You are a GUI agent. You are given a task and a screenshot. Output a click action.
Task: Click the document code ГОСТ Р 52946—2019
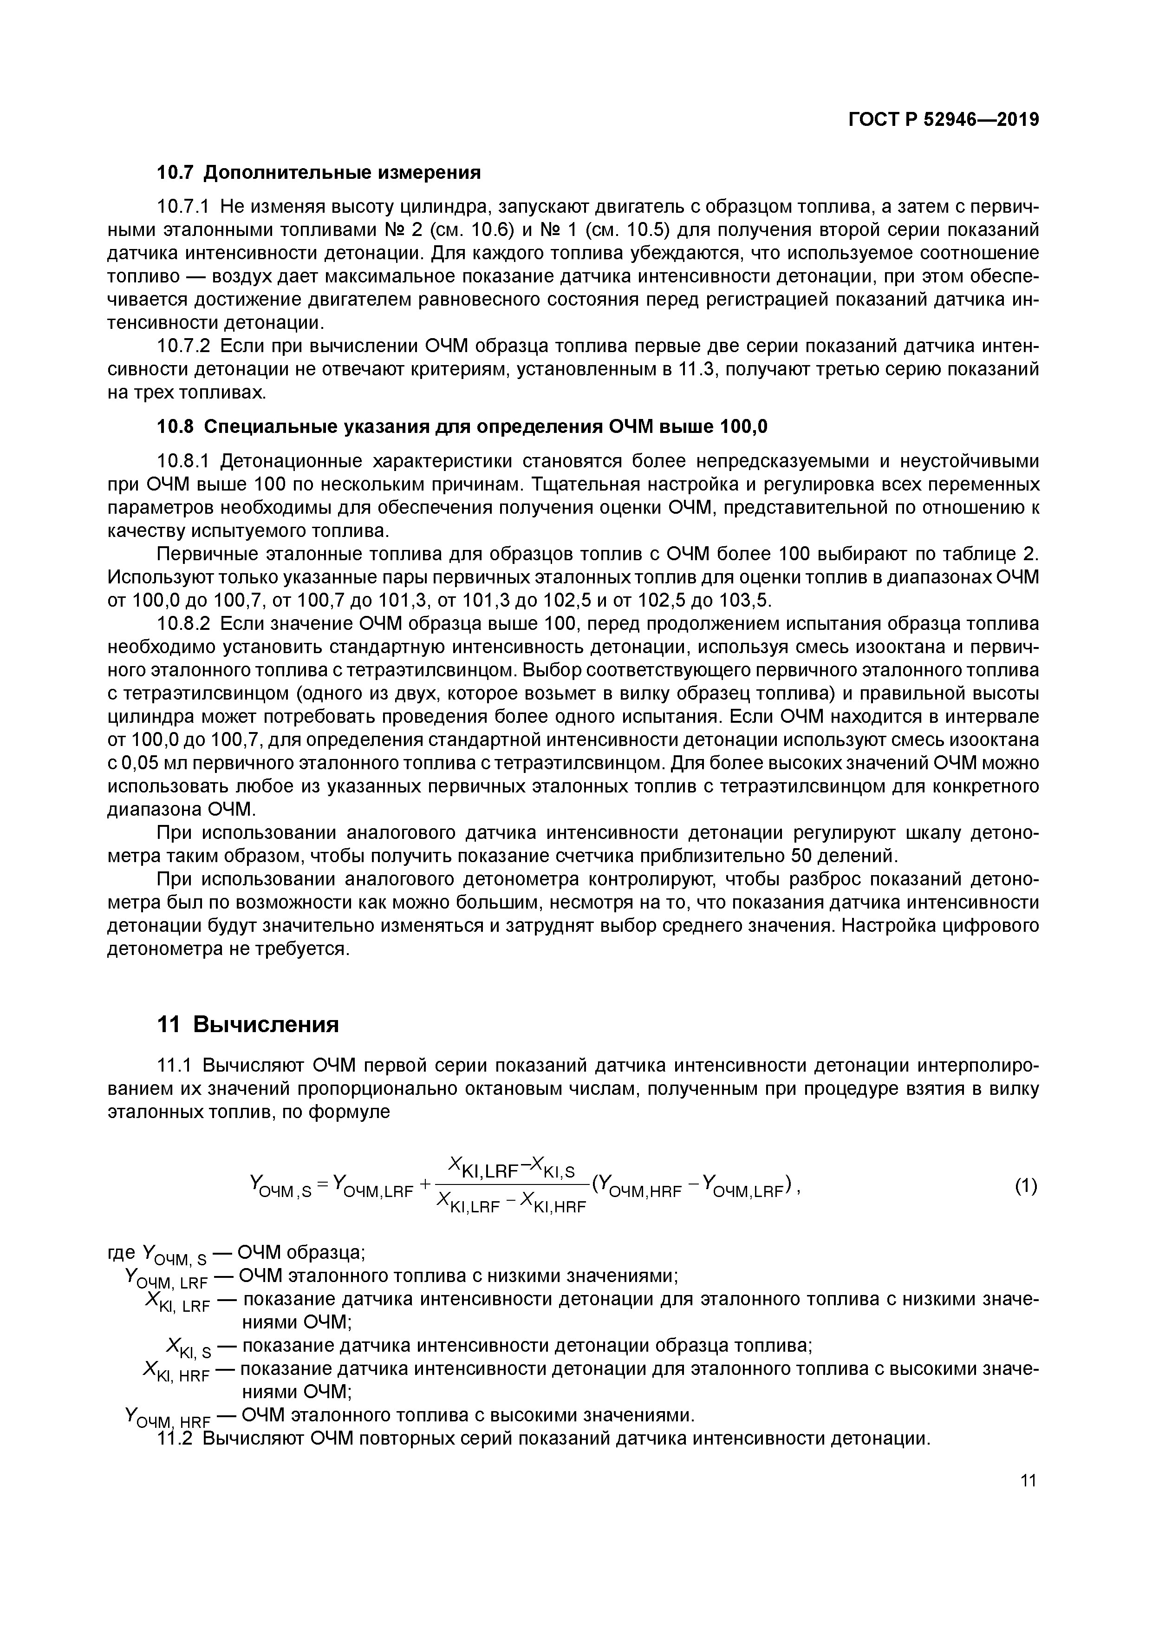click(x=944, y=120)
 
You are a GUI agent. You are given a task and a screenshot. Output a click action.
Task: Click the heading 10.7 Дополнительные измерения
click(x=319, y=172)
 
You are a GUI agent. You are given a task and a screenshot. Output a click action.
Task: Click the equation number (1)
click(x=1026, y=1185)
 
